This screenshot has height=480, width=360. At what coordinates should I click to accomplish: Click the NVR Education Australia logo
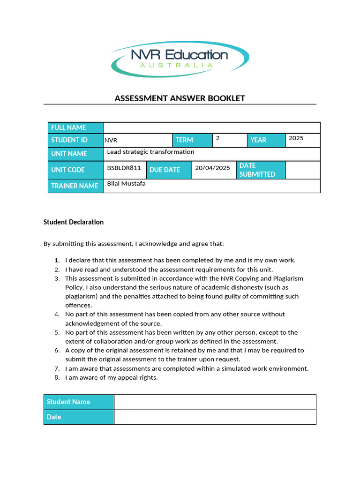pos(180,60)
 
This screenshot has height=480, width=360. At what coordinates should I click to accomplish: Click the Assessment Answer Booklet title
pos(180,98)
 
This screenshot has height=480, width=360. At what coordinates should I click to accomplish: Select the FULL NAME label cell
pos(75,127)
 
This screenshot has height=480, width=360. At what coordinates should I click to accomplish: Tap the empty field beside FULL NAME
pos(212,127)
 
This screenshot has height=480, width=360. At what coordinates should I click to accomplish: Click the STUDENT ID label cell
pos(75,140)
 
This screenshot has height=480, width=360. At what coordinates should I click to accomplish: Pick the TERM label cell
pos(192,140)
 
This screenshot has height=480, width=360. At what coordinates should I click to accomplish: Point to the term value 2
pos(218,138)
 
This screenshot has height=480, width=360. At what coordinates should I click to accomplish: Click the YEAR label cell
pos(266,140)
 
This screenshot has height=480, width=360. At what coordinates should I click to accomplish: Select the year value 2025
pos(296,138)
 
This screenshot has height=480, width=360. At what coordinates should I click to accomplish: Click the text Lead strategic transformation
pos(150,152)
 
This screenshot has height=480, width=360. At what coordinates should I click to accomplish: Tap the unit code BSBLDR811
pos(124,168)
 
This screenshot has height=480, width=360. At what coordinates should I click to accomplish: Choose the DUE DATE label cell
pos(169,170)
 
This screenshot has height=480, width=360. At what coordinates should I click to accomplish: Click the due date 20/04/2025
pos(212,168)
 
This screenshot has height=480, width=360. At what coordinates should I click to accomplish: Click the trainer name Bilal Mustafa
pos(126,183)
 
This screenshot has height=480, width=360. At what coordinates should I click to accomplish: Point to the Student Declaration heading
pos(74,222)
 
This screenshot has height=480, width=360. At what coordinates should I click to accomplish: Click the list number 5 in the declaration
pos(57,332)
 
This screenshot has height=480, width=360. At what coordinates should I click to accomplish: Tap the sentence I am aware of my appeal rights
pos(112,377)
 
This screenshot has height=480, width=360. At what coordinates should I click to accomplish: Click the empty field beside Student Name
pos(215,402)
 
